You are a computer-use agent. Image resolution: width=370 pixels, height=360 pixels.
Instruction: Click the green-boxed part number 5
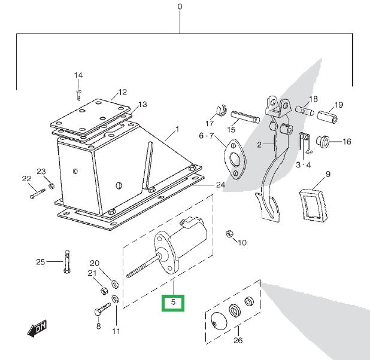tap(174, 303)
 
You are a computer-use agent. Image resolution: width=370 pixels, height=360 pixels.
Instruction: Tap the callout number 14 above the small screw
tap(78, 75)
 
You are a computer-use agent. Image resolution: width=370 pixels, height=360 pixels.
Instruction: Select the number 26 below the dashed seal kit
tap(238, 341)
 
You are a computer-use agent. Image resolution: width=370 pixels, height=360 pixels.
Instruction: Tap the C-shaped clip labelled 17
tap(220, 112)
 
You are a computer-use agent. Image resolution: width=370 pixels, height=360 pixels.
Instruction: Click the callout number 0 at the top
tap(180, 7)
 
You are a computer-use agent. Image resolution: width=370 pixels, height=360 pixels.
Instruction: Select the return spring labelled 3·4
tap(304, 141)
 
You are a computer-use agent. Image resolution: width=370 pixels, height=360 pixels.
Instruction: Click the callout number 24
tap(220, 185)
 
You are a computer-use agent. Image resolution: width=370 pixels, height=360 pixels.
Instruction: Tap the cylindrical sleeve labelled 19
tap(329, 114)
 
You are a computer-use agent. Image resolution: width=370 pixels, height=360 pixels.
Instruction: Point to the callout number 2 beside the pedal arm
tap(259, 145)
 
